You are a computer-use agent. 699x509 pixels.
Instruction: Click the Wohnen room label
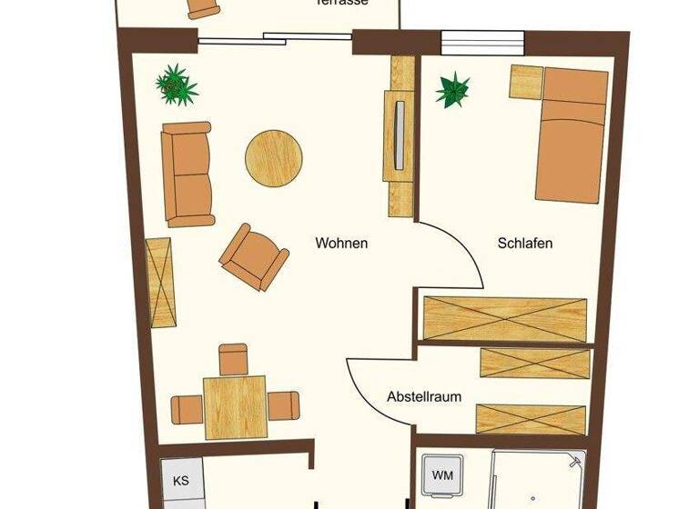pos(341,244)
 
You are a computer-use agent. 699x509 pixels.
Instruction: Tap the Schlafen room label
pos(525,244)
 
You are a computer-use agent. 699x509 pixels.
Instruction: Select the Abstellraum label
pos(424,397)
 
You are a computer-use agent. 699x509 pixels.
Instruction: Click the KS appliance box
pos(181,480)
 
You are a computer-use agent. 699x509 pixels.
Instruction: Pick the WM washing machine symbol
pos(442,475)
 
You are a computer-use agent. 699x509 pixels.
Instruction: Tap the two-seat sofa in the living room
pos(187,174)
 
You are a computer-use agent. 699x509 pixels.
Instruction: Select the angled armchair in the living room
pos(254,256)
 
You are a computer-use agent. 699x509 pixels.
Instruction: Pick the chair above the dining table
pos(234,359)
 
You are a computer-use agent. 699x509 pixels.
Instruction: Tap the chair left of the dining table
pos(187,408)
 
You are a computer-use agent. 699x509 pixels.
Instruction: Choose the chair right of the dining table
pos(283,405)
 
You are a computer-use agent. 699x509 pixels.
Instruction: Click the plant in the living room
pos(177,85)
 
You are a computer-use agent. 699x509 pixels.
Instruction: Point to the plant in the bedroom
pos(451,90)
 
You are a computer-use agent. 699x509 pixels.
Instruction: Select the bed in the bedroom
pos(572,134)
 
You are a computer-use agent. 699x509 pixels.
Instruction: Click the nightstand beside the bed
pos(526,83)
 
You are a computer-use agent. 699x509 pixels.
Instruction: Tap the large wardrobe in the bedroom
pos(505,318)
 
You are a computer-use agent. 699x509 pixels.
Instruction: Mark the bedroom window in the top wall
pos(482,43)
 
